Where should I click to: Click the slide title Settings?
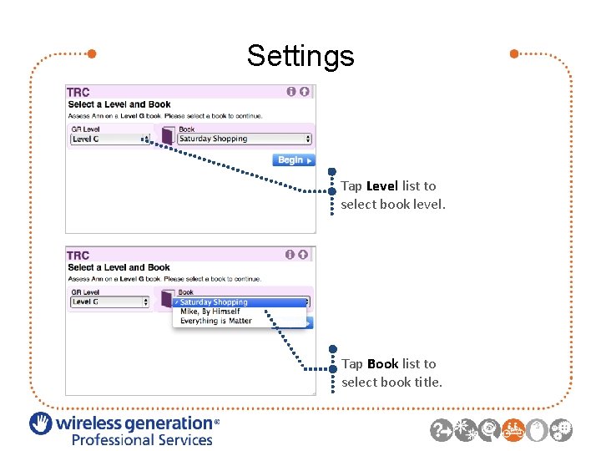click(300, 56)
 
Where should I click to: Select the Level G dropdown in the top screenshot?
click(109, 139)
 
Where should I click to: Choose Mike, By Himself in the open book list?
click(210, 312)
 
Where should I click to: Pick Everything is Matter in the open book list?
click(215, 321)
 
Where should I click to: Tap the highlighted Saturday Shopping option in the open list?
click(214, 302)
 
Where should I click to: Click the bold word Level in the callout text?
click(383, 186)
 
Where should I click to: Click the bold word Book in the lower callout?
click(382, 364)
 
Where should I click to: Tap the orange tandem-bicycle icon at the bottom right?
click(514, 429)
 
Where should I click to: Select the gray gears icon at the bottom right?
click(562, 429)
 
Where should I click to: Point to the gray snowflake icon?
click(466, 429)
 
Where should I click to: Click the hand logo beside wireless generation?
click(41, 424)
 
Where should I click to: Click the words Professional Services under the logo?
click(142, 440)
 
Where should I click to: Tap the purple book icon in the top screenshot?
click(167, 136)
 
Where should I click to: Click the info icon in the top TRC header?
click(291, 92)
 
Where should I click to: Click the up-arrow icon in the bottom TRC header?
click(304, 255)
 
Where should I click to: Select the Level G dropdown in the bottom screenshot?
click(109, 302)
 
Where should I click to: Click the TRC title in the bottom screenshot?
click(78, 256)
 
